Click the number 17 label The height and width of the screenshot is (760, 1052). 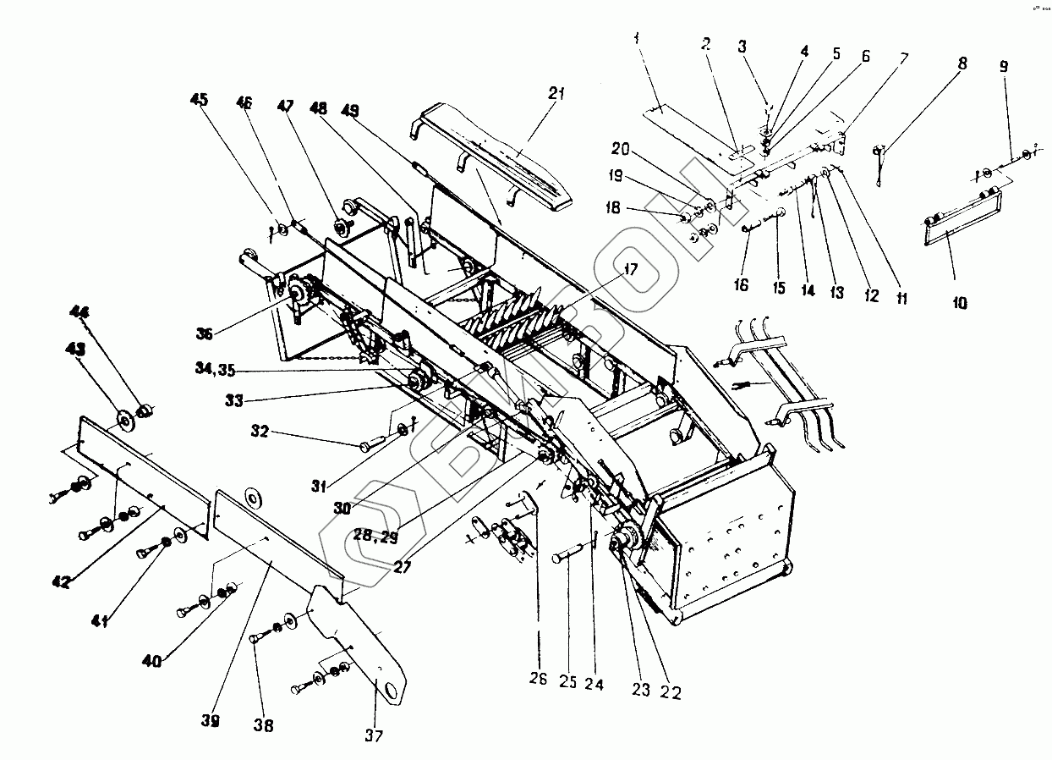[x=630, y=272]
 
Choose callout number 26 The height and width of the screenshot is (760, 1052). [x=539, y=679]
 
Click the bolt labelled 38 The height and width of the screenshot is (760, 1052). [x=257, y=641]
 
